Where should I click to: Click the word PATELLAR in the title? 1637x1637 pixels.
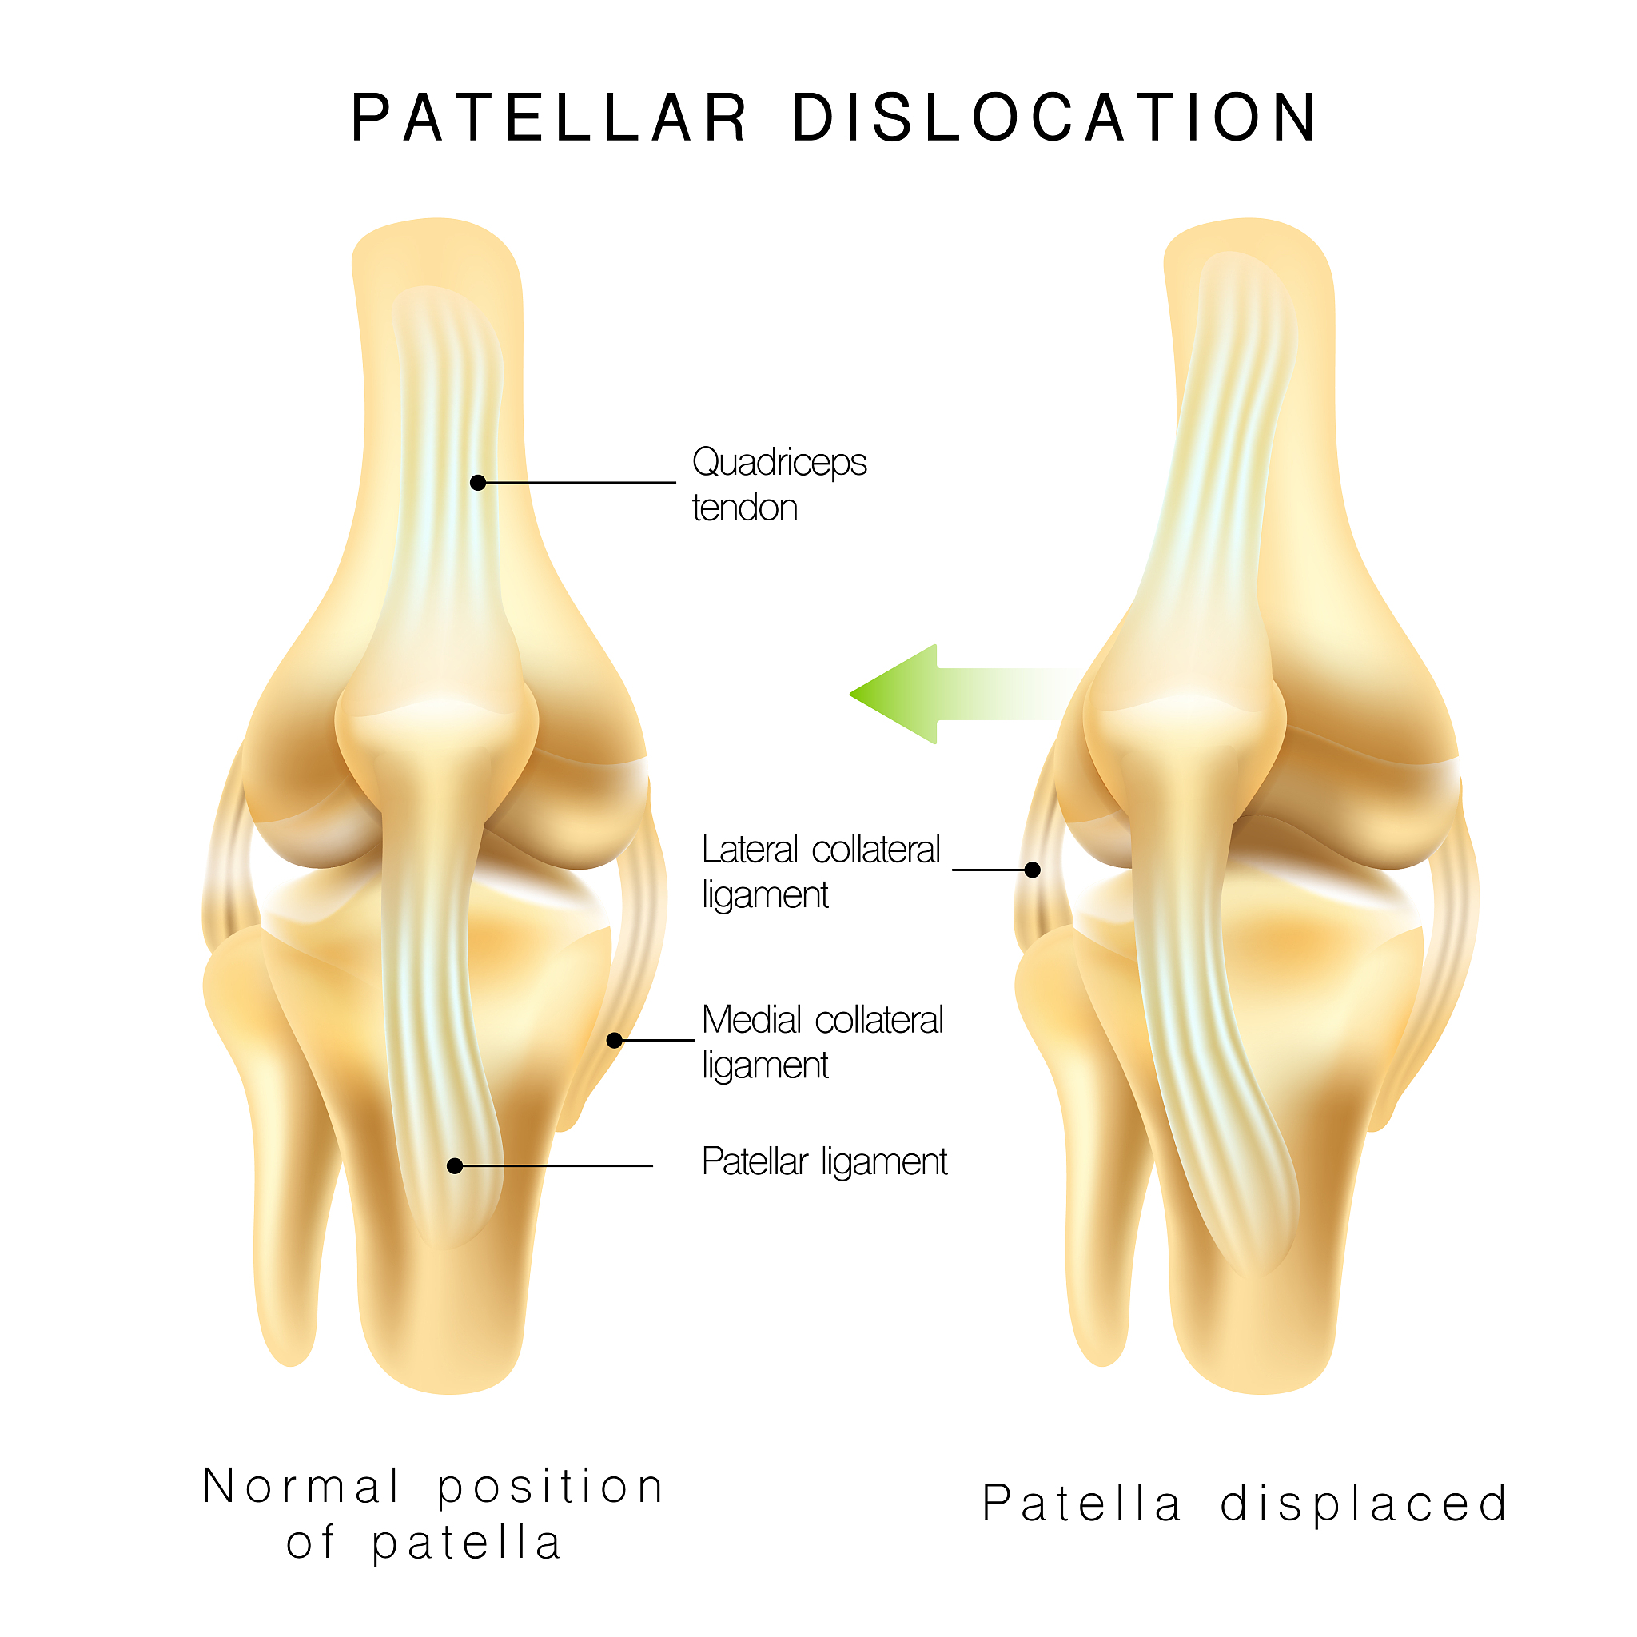[x=549, y=117]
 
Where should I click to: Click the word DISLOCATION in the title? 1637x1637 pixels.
[x=1055, y=117]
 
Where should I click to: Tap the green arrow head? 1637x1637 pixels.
[x=894, y=694]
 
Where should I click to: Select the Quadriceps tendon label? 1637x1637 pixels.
[x=779, y=484]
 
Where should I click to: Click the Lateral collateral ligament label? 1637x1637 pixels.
[x=821, y=872]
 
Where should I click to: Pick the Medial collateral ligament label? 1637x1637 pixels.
[x=822, y=1042]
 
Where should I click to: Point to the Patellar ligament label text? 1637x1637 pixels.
[x=824, y=1161]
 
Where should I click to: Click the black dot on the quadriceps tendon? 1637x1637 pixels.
[x=478, y=483]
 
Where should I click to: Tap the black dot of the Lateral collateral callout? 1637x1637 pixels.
[x=1033, y=870]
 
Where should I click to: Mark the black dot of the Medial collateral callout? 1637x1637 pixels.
[x=615, y=1041]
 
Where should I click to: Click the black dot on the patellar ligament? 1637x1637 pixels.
[x=455, y=1167]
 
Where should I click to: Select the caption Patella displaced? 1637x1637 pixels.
[x=1245, y=1505]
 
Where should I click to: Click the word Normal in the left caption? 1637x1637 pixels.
[x=301, y=1487]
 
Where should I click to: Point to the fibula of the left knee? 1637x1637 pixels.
[x=271, y=1127]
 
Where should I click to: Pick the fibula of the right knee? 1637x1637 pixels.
[x=1083, y=1127]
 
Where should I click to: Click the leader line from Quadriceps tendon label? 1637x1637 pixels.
[x=577, y=483]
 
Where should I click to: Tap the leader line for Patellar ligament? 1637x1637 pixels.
[x=554, y=1167]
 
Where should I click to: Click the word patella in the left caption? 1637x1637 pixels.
[x=467, y=1543]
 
